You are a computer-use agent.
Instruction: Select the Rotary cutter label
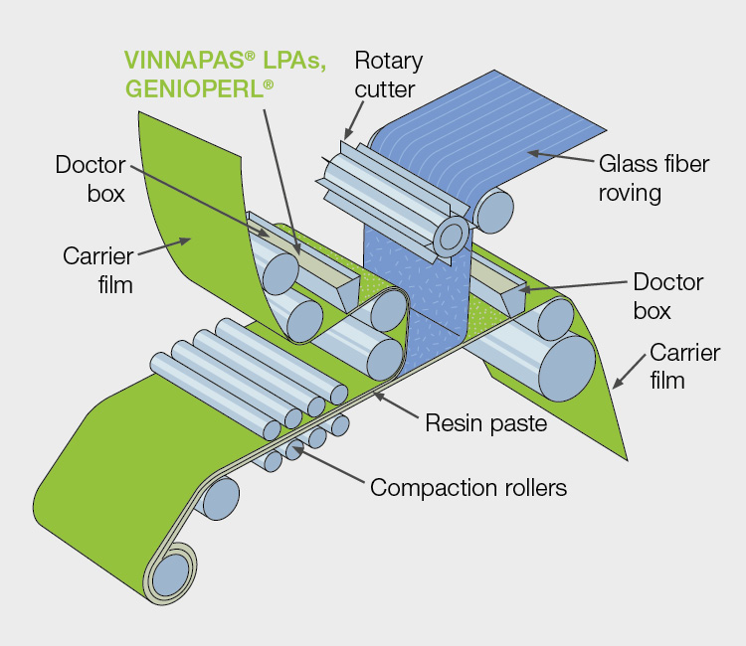click(x=388, y=75)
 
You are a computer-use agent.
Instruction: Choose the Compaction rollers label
click(x=468, y=488)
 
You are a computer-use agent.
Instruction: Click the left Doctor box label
click(x=90, y=178)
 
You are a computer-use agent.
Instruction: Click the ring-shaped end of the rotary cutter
click(x=450, y=236)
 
